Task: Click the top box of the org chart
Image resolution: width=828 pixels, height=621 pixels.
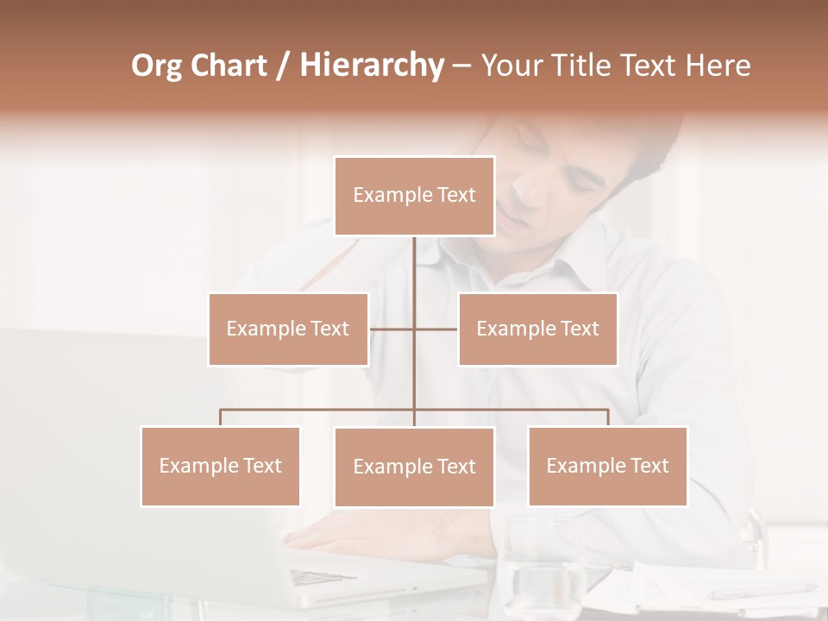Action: [414, 196]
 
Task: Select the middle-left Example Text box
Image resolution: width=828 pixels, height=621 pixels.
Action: [288, 329]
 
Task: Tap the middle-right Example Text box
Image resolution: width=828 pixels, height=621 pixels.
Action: [537, 329]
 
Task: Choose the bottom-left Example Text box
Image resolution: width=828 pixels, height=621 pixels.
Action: [220, 466]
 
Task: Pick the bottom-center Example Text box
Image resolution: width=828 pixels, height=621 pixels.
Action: [414, 467]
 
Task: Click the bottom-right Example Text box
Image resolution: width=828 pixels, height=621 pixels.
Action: [607, 466]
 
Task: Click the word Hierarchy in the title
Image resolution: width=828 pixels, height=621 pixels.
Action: [372, 66]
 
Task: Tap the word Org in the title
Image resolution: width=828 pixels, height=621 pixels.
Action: [157, 66]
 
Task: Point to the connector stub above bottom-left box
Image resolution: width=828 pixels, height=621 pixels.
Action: [220, 417]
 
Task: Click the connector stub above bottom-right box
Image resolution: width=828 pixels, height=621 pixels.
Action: [608, 417]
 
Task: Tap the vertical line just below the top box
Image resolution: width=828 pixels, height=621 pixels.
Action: [414, 259]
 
